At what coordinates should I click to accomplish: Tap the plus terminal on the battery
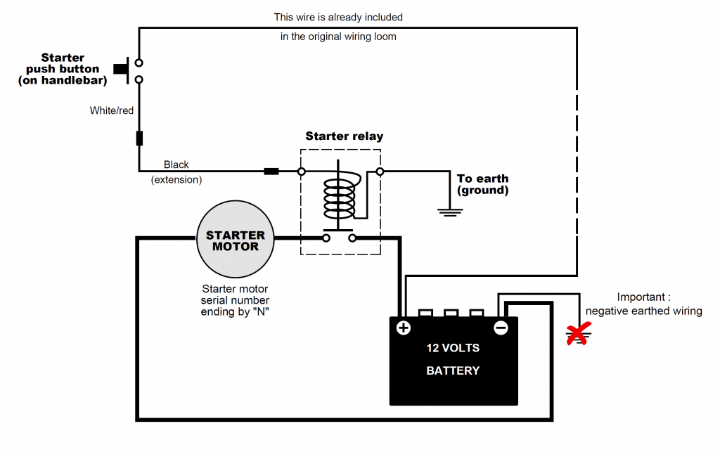point(404,328)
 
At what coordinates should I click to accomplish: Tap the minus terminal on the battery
point(501,328)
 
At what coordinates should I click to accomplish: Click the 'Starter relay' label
point(344,136)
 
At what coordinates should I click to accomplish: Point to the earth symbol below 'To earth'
point(450,211)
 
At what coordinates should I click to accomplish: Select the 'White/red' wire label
point(112,110)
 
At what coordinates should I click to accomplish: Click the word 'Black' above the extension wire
point(176,164)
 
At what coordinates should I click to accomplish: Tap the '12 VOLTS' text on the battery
point(453,348)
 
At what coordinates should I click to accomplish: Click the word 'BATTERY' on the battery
point(453,370)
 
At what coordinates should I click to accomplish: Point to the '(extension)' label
point(176,180)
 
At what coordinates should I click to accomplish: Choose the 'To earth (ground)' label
point(482,184)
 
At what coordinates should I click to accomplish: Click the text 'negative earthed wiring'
point(643,311)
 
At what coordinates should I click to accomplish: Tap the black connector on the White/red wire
point(139,138)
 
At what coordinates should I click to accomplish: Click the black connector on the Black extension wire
point(271,171)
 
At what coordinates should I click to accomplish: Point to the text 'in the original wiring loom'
point(338,37)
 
